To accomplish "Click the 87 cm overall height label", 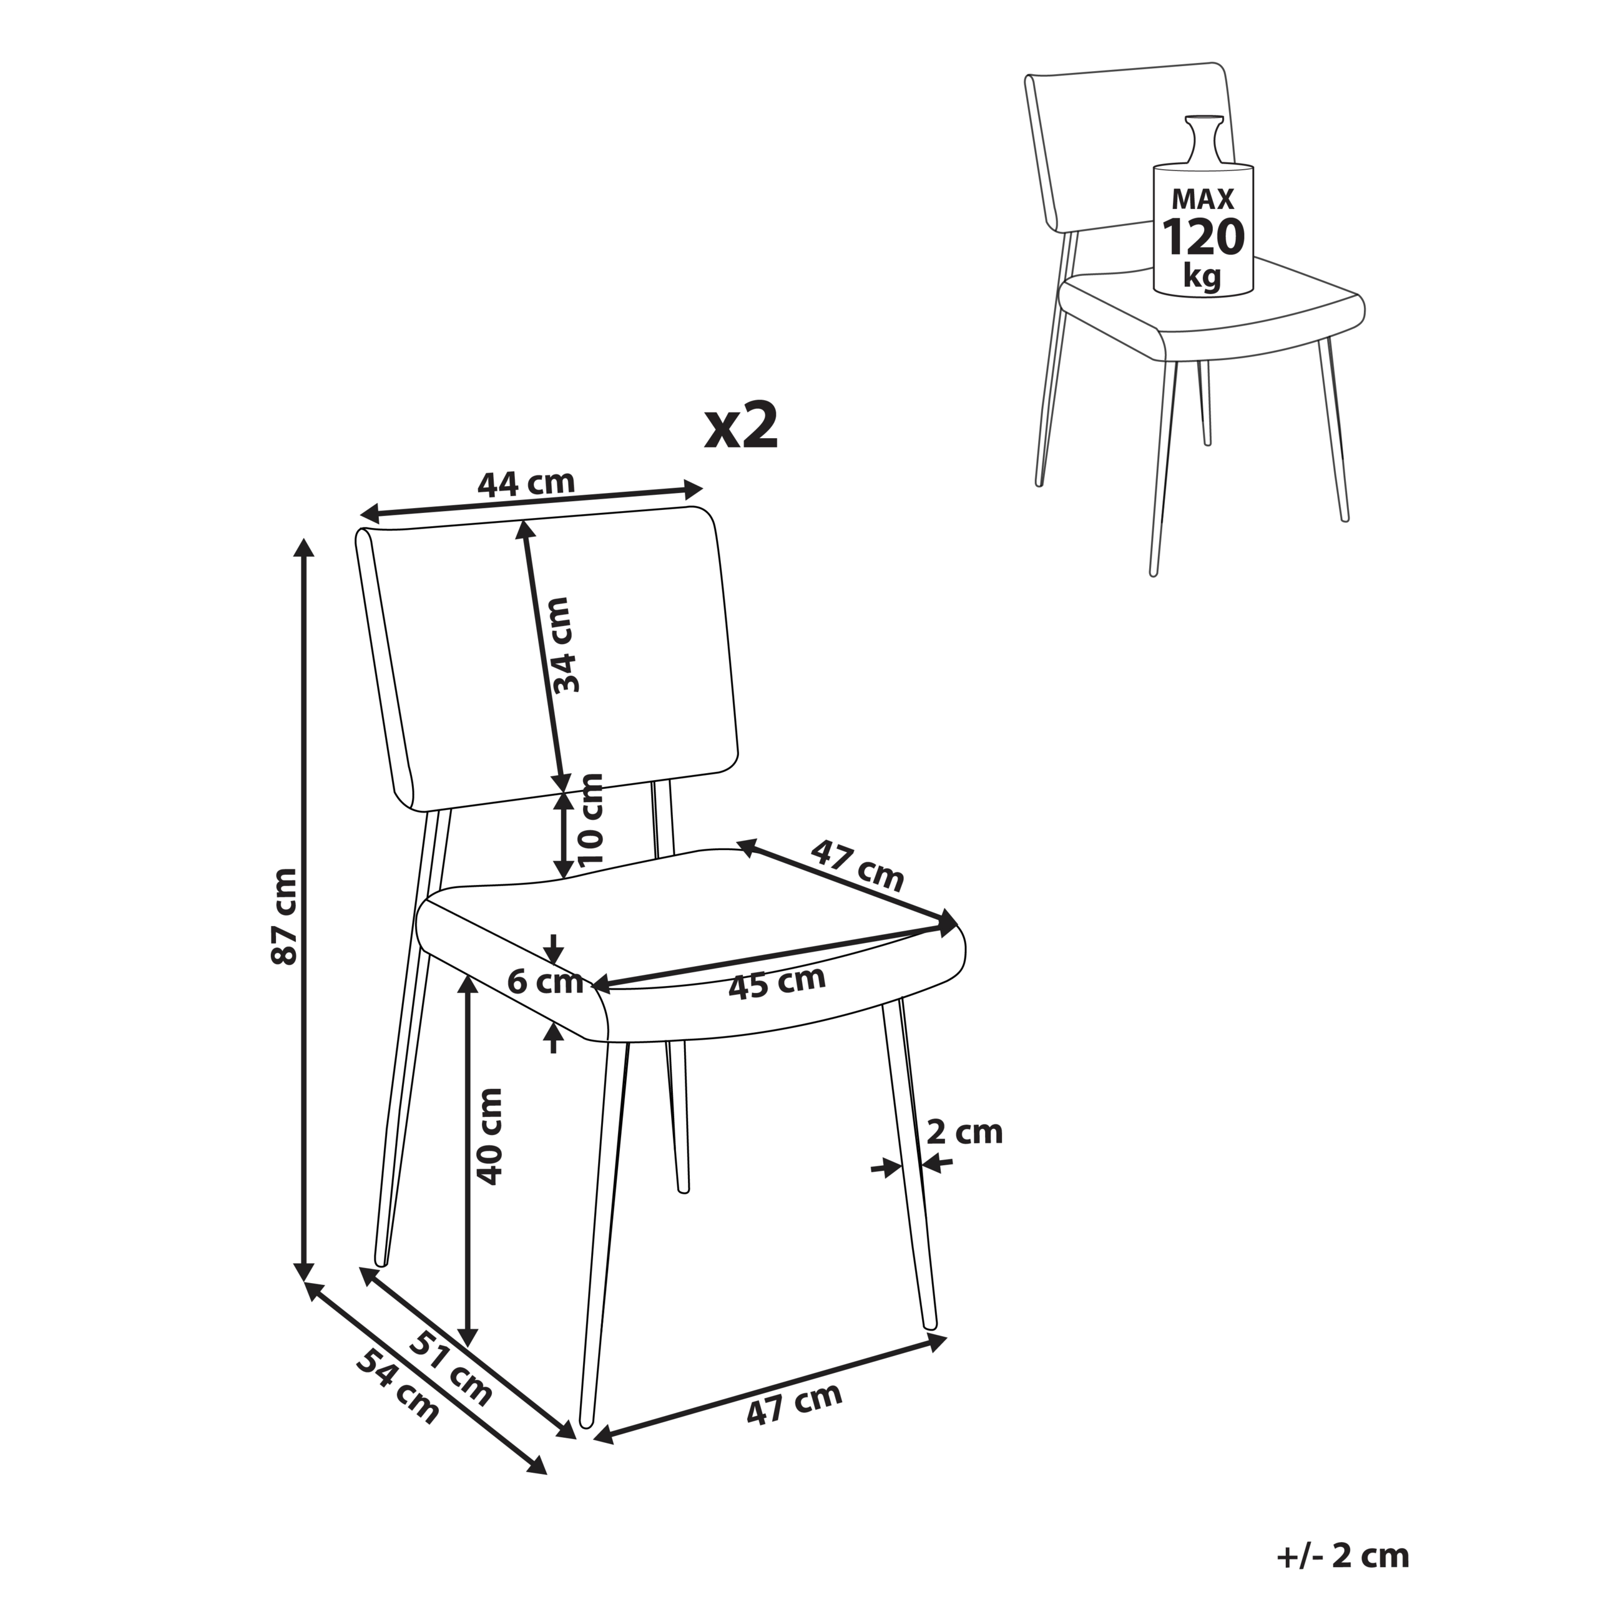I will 283,916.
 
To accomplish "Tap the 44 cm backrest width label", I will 526,482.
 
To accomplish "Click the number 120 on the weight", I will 1203,237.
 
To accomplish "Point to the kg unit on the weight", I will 1202,275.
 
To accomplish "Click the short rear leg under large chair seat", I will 677,1116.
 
